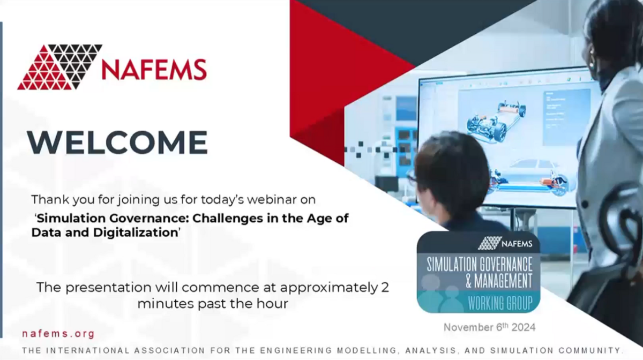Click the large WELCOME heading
point(117,142)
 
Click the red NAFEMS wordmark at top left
point(154,70)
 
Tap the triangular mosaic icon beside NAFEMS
point(59,67)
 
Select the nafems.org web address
point(58,334)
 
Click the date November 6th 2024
point(489,327)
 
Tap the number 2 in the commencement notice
point(384,287)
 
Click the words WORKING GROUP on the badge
point(500,303)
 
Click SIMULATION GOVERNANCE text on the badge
point(479,264)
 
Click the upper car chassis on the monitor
point(496,121)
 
